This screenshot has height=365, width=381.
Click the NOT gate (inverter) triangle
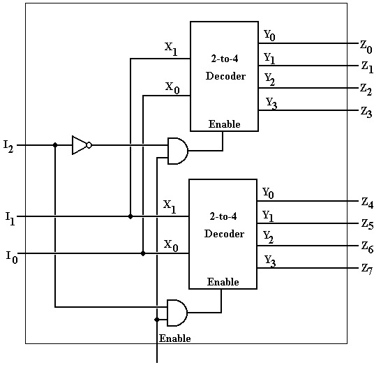pos(80,145)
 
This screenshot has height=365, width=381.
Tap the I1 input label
pos(9,219)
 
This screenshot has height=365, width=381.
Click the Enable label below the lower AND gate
pos(174,338)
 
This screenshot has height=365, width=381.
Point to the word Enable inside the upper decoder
pos(224,124)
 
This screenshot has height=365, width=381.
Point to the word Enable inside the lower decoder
pos(223,283)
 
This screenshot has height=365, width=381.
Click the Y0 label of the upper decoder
pos(269,35)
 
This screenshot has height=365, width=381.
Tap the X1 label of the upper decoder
pos(170,47)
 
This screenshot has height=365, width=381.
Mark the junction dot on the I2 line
pos(54,145)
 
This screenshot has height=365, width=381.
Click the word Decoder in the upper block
pos(225,76)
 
